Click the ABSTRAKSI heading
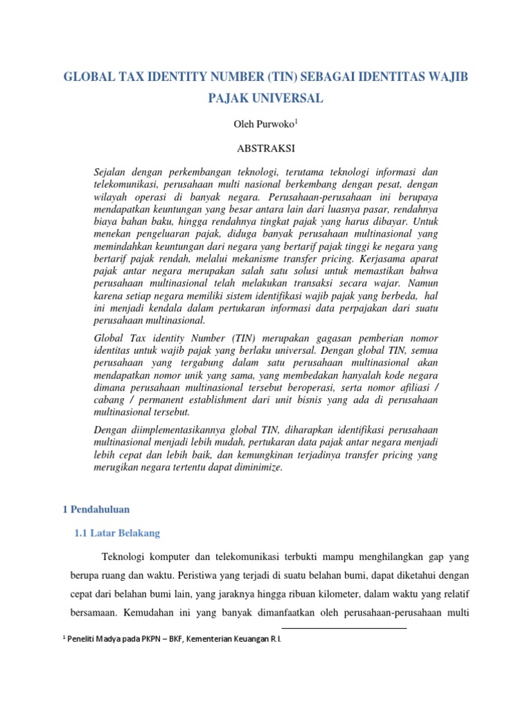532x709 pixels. [266, 148]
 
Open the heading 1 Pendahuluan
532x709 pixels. [96, 509]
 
